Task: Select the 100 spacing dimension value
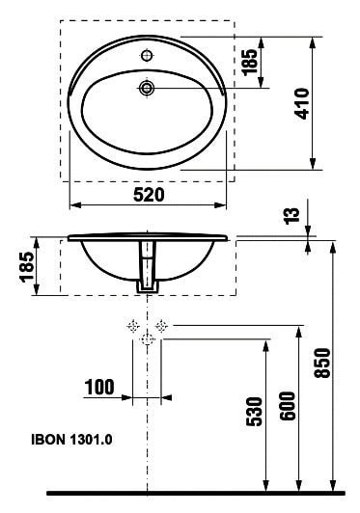[x=99, y=388]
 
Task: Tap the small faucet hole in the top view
[x=147, y=54]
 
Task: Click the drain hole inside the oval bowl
[x=148, y=89]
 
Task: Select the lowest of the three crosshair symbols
[x=147, y=339]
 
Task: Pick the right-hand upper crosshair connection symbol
[x=162, y=326]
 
